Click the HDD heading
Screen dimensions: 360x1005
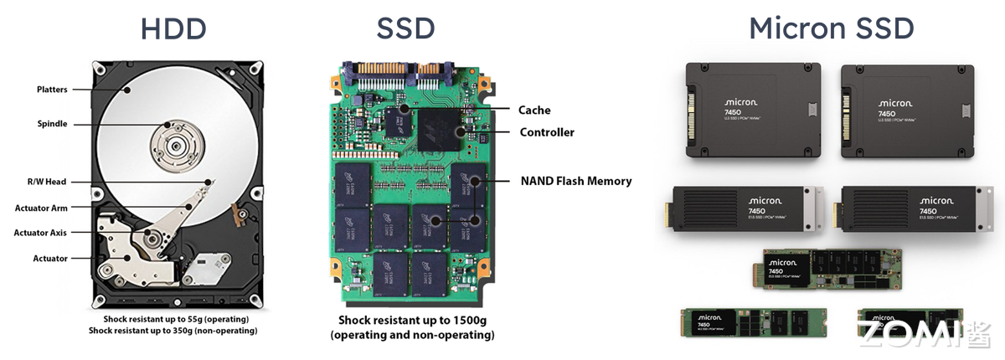pyautogui.click(x=174, y=28)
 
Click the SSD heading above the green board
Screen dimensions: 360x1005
pyautogui.click(x=405, y=28)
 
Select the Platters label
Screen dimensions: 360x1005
pyautogui.click(x=52, y=90)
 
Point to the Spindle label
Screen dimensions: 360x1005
pyautogui.click(x=52, y=124)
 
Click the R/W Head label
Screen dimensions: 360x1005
pyautogui.click(x=45, y=182)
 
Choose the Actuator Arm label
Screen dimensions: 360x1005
pyautogui.click(x=41, y=208)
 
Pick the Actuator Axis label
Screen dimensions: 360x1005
pyautogui.click(x=40, y=233)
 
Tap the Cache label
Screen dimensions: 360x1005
pyautogui.click(x=534, y=110)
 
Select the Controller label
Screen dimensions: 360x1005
pyautogui.click(x=547, y=132)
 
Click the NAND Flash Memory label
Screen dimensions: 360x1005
pyautogui.click(x=576, y=181)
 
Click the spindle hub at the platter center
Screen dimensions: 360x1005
pyautogui.click(x=174, y=146)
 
